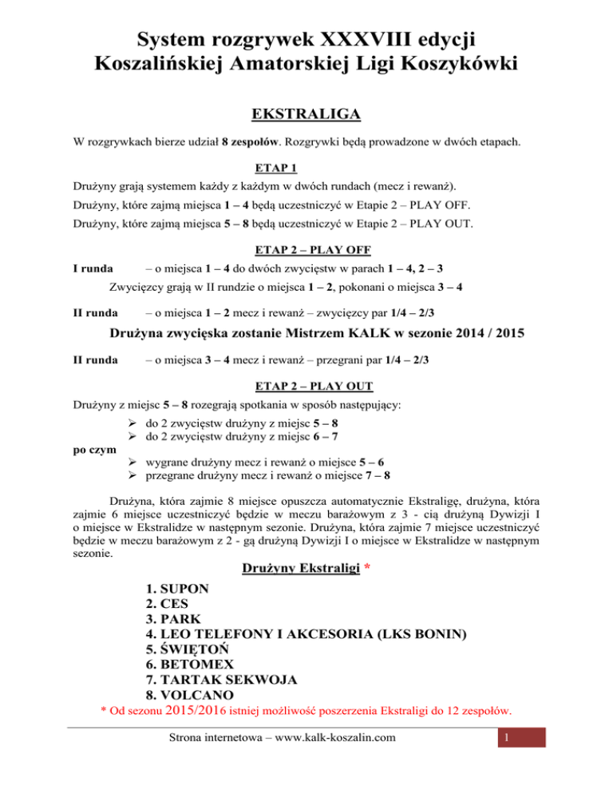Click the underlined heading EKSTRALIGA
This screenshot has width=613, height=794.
306,116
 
